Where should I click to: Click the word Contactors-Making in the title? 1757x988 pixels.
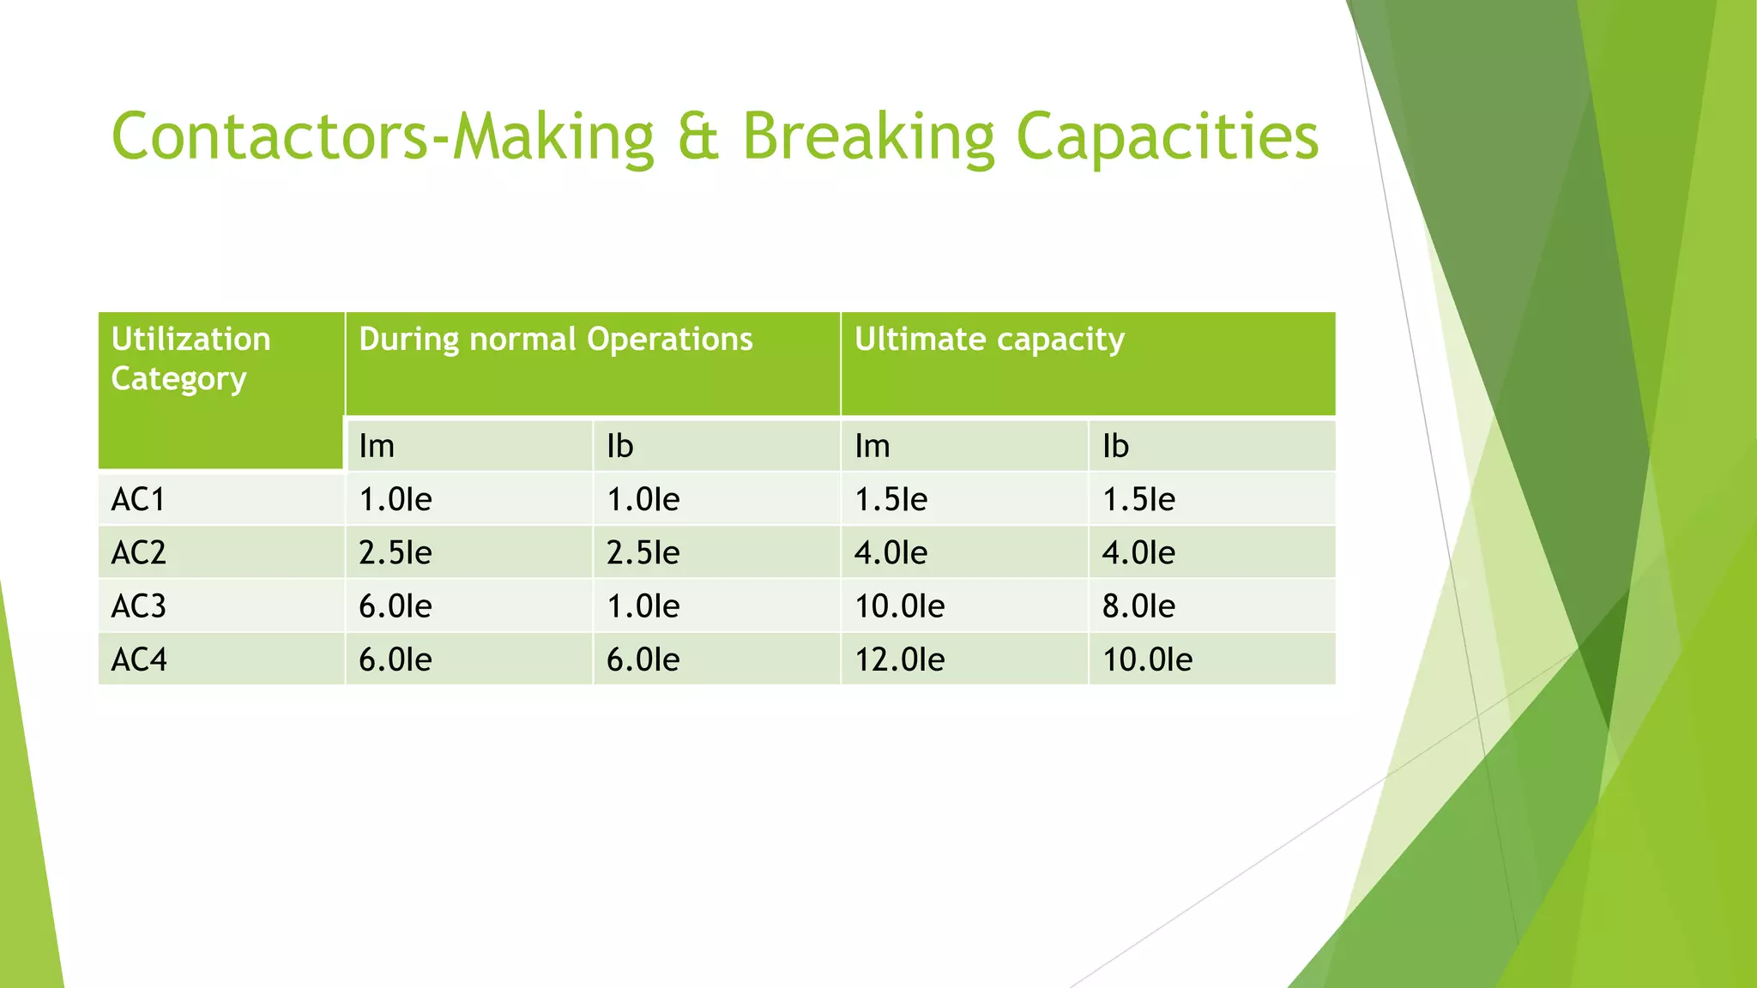point(383,137)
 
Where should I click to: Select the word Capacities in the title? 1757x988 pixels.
point(1167,137)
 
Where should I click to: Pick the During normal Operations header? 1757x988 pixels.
point(555,340)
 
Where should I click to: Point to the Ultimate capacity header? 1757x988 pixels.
point(989,340)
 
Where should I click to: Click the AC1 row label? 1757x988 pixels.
point(138,499)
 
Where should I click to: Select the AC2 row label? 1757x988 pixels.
point(138,552)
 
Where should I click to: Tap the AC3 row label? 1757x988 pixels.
point(138,606)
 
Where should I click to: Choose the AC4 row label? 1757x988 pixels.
point(138,660)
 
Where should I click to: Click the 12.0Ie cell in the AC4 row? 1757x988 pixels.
point(899,660)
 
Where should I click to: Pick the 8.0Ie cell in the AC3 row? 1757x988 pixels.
point(1138,606)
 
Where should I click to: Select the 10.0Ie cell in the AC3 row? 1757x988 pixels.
point(899,606)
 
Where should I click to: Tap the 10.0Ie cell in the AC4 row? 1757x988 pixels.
point(1147,660)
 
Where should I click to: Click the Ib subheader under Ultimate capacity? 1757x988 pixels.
point(1115,446)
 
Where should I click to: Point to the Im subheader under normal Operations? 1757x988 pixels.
point(377,446)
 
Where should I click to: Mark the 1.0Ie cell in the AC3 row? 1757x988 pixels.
point(643,606)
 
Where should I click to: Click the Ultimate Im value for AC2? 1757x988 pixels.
point(891,552)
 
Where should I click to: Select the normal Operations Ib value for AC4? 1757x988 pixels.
point(643,660)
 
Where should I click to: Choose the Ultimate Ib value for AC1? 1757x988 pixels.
point(1138,499)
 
